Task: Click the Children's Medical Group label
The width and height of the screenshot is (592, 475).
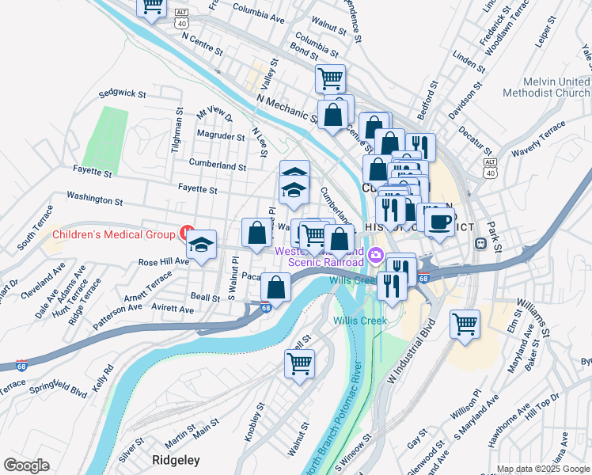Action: [114, 234]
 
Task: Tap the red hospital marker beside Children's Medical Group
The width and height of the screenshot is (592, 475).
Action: [187, 234]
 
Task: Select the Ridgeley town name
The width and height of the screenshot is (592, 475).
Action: [176, 459]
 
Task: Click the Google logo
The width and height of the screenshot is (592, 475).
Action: [26, 465]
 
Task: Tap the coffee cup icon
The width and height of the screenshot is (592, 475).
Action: [439, 221]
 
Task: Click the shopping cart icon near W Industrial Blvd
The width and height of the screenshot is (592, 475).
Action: [465, 322]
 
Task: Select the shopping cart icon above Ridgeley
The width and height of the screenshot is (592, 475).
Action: [300, 363]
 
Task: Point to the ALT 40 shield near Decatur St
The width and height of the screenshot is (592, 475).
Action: [490, 167]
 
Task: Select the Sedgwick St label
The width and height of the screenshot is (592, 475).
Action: [123, 93]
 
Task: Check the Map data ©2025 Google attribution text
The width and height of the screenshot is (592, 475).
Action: [543, 469]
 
